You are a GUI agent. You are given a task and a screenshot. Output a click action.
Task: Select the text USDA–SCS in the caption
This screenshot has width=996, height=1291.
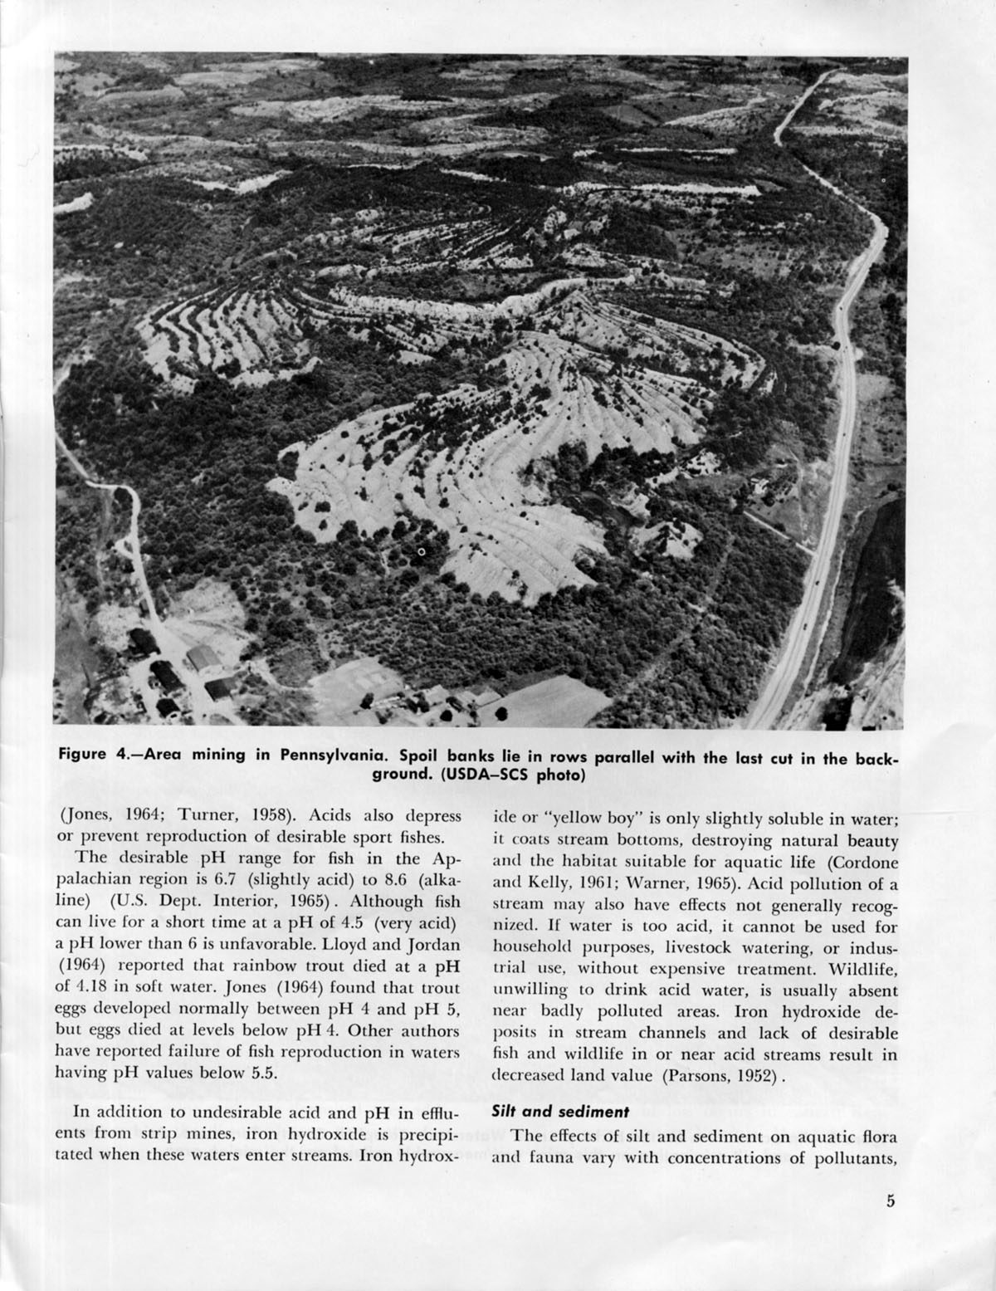[467, 776]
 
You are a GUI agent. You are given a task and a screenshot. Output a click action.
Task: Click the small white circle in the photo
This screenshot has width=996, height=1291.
[421, 551]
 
